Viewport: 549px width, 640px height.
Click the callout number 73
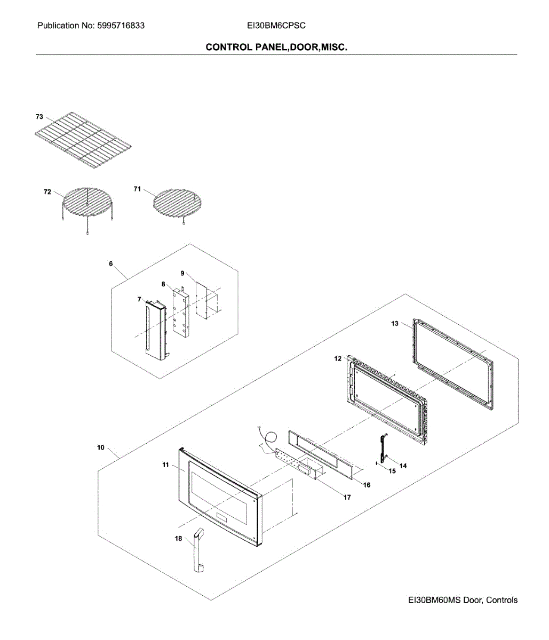[39, 116]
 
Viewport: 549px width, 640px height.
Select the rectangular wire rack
[83, 141]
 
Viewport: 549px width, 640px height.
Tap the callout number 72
[47, 191]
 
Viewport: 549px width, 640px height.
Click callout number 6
[110, 263]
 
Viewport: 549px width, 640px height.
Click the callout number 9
[182, 273]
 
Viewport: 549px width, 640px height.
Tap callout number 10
[101, 447]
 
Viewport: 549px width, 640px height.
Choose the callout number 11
[166, 465]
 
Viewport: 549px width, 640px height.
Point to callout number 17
[347, 497]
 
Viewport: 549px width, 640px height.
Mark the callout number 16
[367, 485]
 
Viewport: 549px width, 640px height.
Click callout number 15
[392, 471]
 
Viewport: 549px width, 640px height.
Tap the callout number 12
[338, 358]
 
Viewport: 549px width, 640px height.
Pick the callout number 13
[395, 323]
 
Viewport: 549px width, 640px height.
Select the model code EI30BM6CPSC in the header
[276, 26]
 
